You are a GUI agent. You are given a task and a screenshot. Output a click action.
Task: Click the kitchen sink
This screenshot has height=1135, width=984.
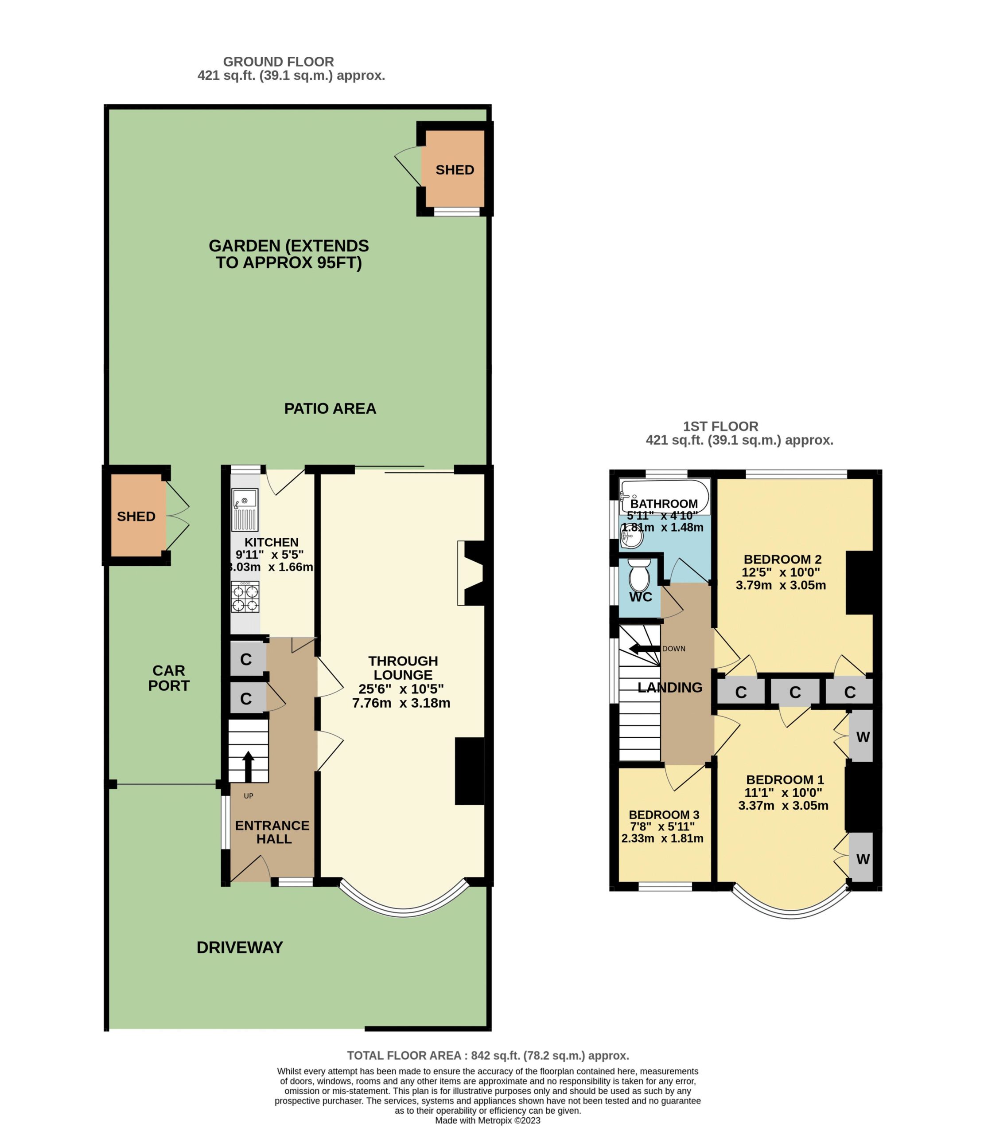[x=245, y=509]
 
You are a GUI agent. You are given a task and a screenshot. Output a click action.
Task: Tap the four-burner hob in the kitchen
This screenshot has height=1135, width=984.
[x=245, y=597]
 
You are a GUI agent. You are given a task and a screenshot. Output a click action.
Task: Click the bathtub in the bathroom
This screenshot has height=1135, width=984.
[x=665, y=497]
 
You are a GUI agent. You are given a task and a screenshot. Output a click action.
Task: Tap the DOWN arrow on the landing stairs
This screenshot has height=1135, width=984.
[x=645, y=649]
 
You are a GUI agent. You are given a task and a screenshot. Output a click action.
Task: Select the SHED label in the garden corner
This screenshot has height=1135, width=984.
[x=455, y=170]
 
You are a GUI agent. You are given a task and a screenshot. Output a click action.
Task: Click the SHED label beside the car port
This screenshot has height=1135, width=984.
[x=136, y=517]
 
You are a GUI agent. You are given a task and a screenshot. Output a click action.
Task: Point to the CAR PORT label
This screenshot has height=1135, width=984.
[x=169, y=678]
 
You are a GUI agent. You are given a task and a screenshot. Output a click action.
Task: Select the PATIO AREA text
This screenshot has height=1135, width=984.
[x=330, y=409]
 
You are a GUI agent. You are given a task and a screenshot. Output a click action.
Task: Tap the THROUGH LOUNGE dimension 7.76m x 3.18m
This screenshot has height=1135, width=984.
[x=401, y=703]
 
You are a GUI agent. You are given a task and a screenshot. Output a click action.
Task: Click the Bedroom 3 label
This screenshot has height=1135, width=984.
[x=664, y=815]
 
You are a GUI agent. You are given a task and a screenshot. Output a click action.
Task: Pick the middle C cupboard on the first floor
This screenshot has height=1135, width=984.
[x=795, y=692]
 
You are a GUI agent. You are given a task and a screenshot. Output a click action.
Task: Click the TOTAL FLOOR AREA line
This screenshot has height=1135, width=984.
[x=488, y=1056]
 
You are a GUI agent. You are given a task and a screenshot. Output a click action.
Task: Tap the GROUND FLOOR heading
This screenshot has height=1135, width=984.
[x=278, y=62]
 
